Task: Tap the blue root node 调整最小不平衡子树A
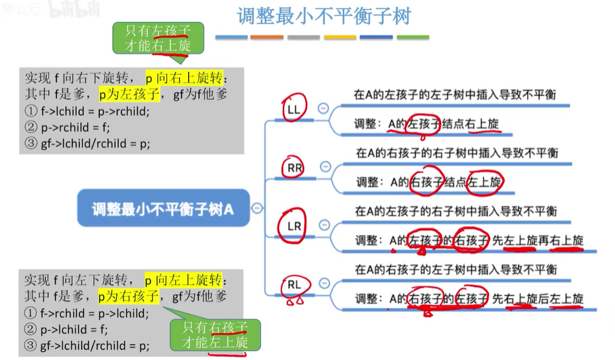(162, 209)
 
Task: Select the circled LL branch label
(294, 111)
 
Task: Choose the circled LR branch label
(294, 227)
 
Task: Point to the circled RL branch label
(294, 284)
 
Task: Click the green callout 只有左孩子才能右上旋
(158, 37)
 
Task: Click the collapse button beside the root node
(257, 208)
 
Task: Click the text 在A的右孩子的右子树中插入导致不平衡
(457, 153)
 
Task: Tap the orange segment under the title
(267, 37)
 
